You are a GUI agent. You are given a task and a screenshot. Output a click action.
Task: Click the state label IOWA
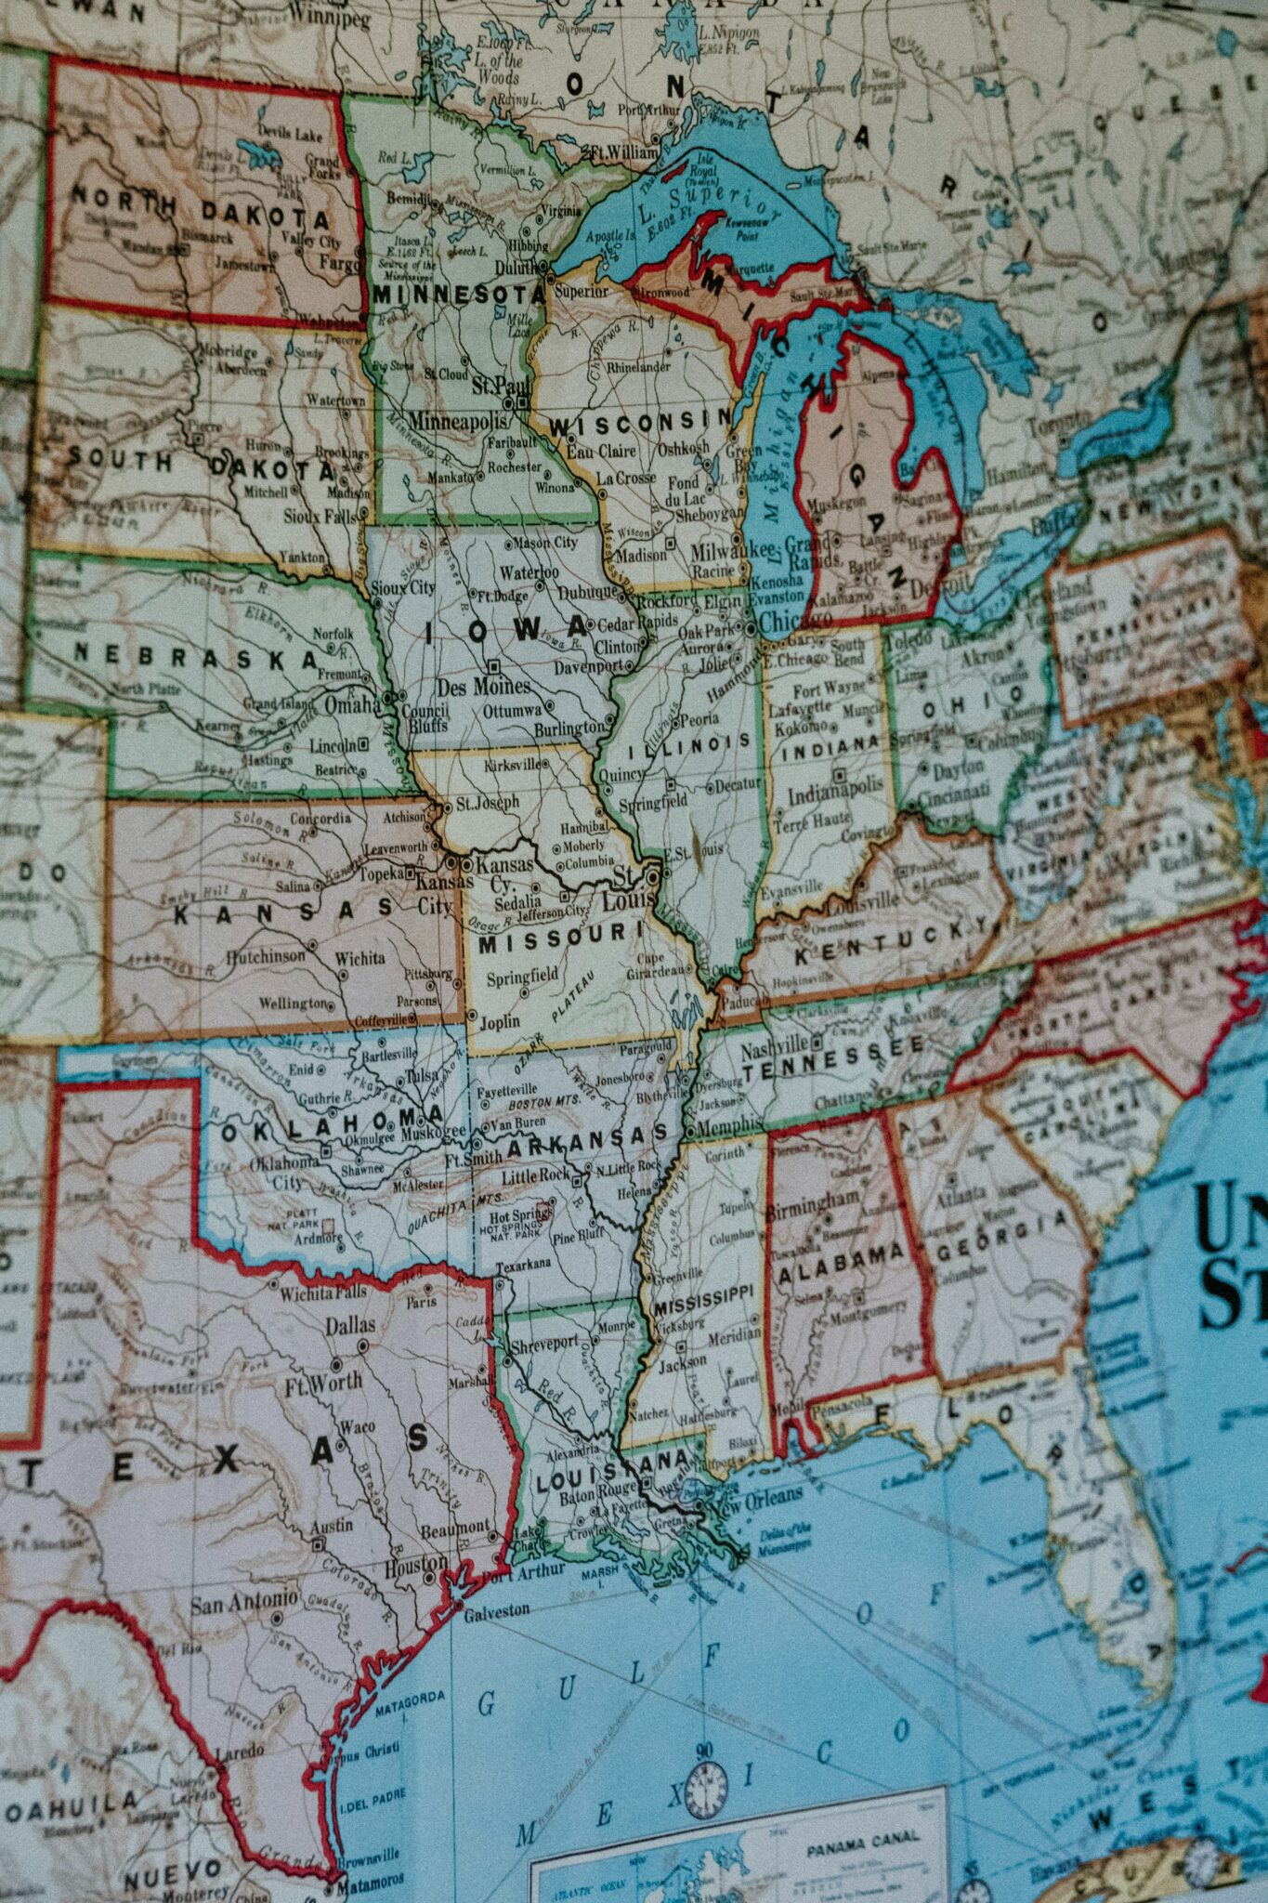(x=506, y=631)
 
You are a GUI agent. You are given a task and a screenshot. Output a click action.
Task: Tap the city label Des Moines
(x=483, y=688)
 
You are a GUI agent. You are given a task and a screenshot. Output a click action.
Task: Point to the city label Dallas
(x=350, y=1325)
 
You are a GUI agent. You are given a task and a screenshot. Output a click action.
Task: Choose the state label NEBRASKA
(x=196, y=656)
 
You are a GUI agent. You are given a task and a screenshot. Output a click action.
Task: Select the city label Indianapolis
(x=835, y=790)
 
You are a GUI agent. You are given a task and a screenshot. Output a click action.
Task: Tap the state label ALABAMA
(x=841, y=1255)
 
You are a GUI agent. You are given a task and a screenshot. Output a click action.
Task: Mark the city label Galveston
(x=496, y=1610)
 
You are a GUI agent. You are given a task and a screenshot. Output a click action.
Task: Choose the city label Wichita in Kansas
(x=359, y=958)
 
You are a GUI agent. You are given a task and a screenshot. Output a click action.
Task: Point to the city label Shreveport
(x=544, y=1344)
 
